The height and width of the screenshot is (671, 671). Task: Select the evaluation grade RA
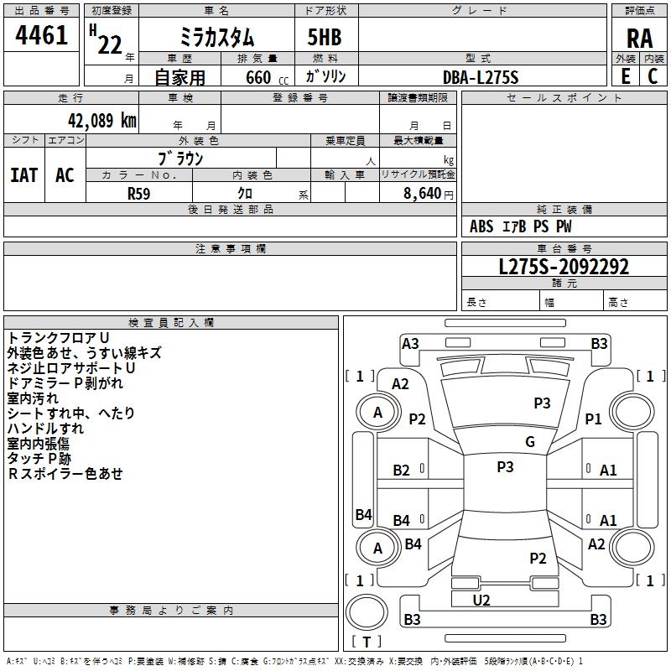click(x=639, y=39)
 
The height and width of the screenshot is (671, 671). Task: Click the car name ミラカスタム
click(x=217, y=37)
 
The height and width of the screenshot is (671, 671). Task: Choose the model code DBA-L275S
click(x=481, y=77)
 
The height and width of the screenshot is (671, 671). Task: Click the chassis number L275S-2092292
click(x=564, y=267)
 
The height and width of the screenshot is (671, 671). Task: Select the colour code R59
click(x=138, y=193)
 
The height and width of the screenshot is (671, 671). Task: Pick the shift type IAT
click(x=24, y=174)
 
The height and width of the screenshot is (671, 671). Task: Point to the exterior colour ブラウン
click(x=181, y=158)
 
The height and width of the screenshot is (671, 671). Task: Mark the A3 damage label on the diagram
click(x=410, y=343)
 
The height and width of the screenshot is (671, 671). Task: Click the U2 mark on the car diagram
click(x=481, y=600)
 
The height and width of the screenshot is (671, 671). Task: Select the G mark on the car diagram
click(x=530, y=442)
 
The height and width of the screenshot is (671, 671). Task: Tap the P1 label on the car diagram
click(x=594, y=419)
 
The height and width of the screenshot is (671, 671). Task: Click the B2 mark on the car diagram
click(x=402, y=471)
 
